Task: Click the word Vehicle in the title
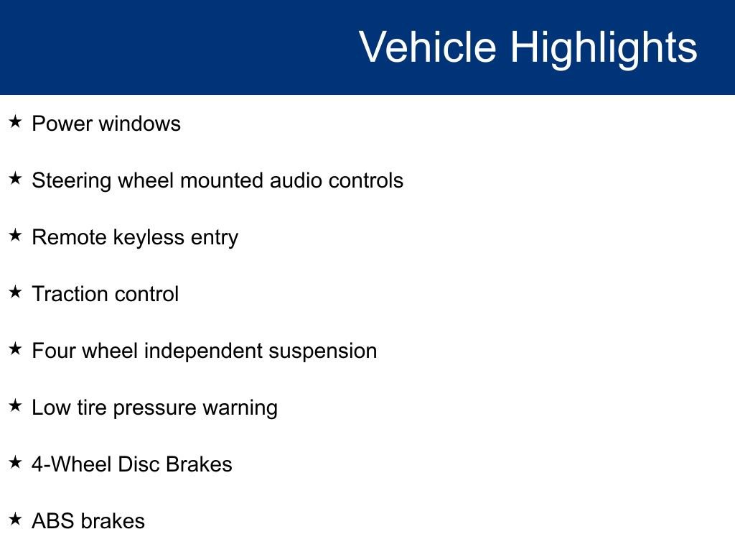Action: (427, 47)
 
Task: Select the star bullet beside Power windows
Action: (15, 122)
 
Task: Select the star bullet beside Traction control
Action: (15, 293)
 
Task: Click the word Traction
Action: (67, 294)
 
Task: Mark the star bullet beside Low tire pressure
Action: (15, 406)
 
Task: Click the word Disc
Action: (139, 464)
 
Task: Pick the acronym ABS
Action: (52, 521)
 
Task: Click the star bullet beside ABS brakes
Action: (15, 520)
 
